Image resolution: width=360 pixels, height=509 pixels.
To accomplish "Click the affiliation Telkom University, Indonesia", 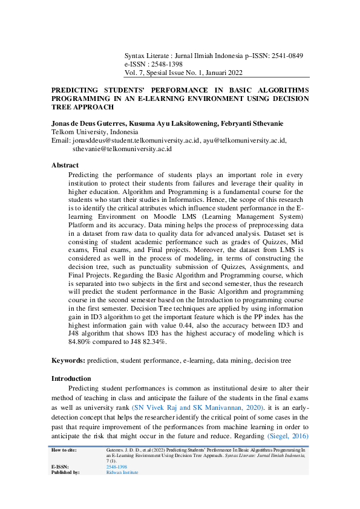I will pos(95,132).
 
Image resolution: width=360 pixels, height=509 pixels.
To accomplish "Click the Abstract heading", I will pos(65,165).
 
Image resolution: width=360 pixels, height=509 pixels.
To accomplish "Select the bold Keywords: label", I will pos(68,360).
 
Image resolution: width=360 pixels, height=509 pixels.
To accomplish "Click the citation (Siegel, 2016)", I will pos(287,436).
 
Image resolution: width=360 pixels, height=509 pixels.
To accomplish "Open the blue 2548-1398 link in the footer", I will pos(117,467).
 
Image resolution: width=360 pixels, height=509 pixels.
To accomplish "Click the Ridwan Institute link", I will pos(122,472).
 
